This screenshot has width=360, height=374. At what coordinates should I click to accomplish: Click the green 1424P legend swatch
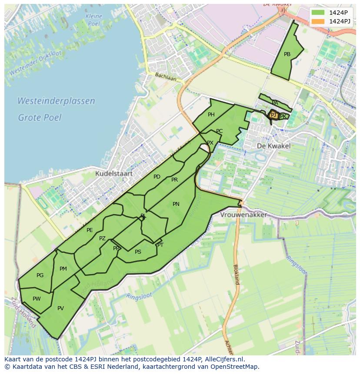[318, 13]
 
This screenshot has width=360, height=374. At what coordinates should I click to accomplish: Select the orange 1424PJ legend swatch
[318, 21]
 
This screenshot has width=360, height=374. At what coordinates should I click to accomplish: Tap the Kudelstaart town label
[113, 173]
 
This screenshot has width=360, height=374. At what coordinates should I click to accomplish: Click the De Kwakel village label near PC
[273, 146]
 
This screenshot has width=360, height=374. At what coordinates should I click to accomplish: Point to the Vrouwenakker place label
[243, 215]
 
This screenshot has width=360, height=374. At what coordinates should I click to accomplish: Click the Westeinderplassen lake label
[56, 101]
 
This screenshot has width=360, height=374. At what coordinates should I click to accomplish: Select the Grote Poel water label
[40, 117]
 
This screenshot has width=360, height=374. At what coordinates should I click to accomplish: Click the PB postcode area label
[287, 54]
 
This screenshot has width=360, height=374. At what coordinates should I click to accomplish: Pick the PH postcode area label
[211, 115]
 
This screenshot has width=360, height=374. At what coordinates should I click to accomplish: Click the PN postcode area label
[176, 204]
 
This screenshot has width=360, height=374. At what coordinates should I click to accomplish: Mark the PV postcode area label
[60, 308]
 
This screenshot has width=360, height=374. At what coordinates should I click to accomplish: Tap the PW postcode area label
[37, 298]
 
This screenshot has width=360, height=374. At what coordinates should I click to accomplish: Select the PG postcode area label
[40, 275]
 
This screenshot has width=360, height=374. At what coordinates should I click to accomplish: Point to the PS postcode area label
[138, 252]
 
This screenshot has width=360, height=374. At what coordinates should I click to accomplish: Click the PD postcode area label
[157, 177]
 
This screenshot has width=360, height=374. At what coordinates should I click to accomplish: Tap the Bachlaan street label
[166, 77]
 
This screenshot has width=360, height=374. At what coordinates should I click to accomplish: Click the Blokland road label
[236, 274]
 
